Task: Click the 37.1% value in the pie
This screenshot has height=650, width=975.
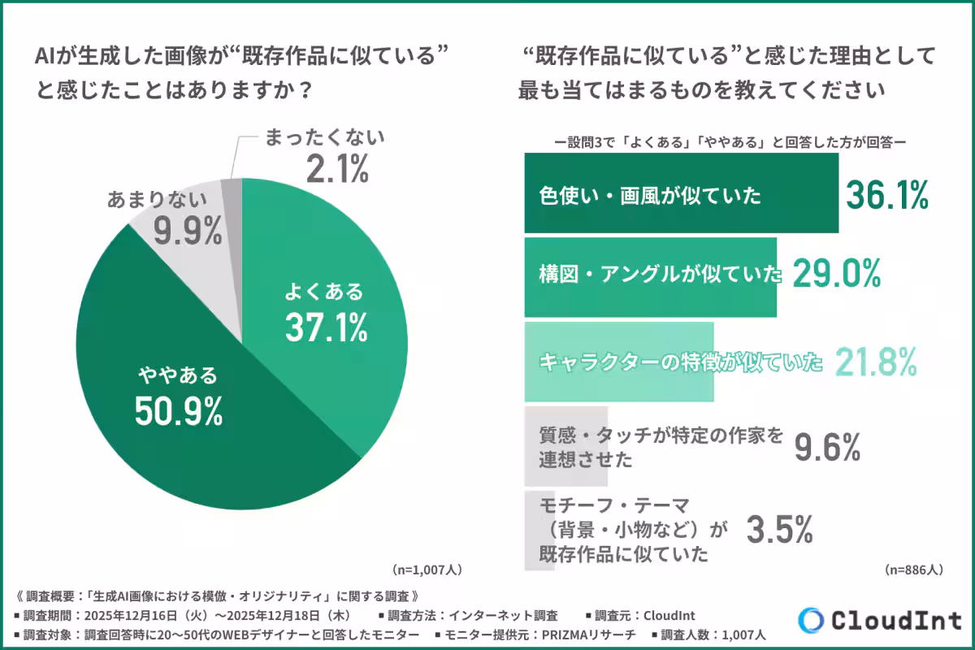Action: point(326,327)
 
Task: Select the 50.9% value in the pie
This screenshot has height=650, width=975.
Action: point(178,412)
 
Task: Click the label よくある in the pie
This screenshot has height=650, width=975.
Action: point(323,291)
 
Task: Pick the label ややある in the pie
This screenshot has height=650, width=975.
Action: point(177,375)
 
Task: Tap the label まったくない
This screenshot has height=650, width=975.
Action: point(325,137)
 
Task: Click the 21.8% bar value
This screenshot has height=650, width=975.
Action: point(877,361)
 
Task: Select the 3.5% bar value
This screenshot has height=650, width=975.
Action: point(779,531)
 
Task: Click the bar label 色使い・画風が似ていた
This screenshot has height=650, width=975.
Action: point(650,196)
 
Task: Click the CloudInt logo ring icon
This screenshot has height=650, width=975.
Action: point(811,620)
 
